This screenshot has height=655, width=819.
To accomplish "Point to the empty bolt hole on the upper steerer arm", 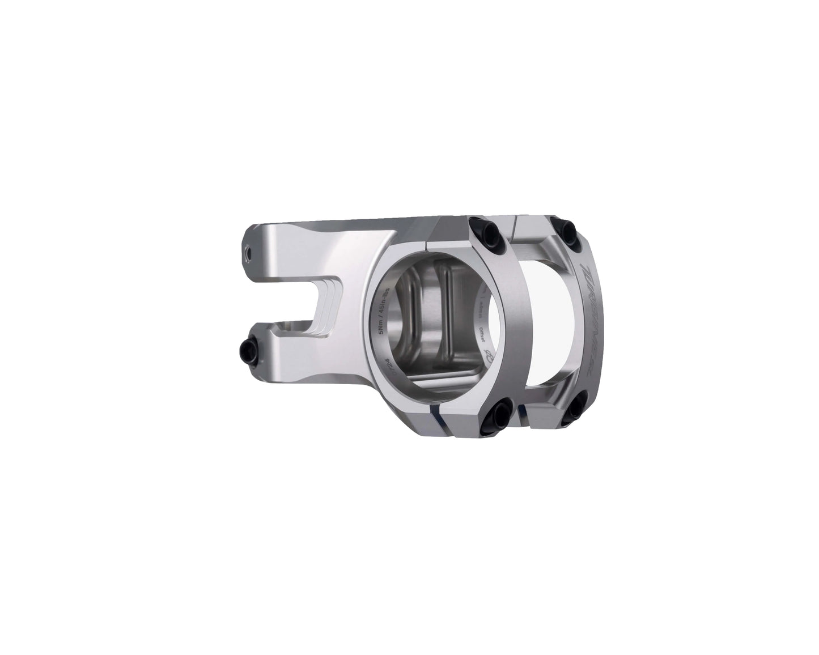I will coord(248,251).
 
